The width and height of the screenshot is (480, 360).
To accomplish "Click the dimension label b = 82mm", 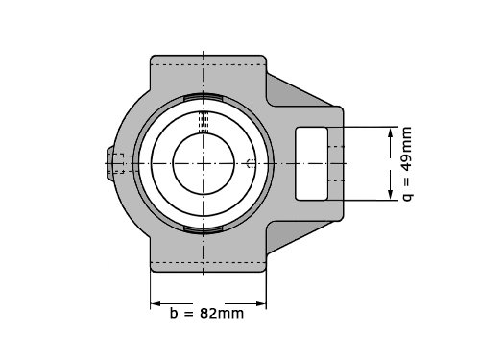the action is point(206,314).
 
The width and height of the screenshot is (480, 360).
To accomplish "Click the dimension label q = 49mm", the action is point(407,164).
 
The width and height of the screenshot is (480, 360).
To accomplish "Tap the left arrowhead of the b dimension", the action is point(156,303).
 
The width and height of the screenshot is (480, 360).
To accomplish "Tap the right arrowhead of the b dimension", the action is point(261,303).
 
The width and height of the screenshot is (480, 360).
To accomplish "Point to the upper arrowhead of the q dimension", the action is point(390,132).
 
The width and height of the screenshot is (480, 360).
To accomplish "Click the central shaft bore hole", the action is point(204,163).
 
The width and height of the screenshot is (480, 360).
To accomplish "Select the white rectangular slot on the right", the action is point(311,164).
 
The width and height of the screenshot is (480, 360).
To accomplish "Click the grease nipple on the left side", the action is point(110,163).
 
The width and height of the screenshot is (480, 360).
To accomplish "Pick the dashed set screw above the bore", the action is point(204,122).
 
